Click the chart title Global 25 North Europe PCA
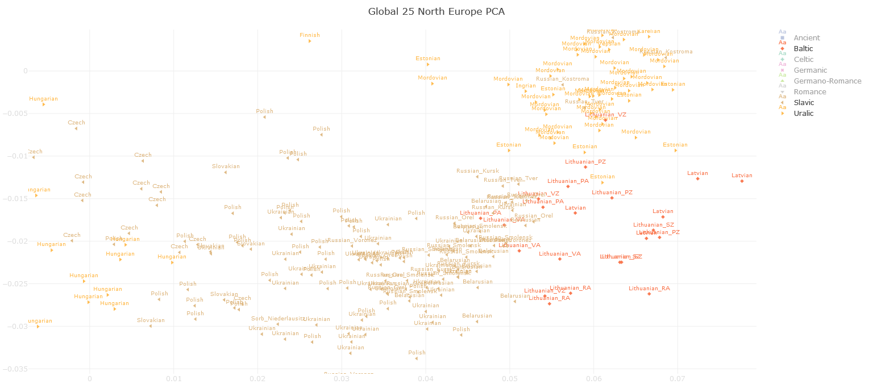point(436,11)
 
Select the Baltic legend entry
point(803,49)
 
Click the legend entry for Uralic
point(803,114)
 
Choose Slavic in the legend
point(803,103)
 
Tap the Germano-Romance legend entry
point(827,81)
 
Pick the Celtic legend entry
point(802,60)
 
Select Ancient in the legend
point(807,38)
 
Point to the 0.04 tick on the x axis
point(426,378)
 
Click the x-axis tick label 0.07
point(677,378)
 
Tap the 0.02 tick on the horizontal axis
point(257,378)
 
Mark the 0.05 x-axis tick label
point(510,378)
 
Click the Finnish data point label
point(310,35)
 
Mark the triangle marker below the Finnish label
point(310,41)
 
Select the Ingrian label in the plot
point(526,86)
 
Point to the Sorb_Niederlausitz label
point(278,319)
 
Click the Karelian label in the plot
point(648,31)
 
